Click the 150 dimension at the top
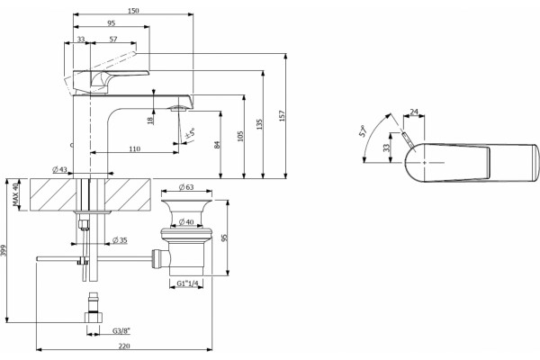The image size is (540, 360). tap(133, 10)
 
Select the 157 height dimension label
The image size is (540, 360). tap(283, 116)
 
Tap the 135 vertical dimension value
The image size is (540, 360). tap(259, 124)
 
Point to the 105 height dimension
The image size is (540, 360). tap(240, 136)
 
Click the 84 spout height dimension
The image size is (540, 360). tap(217, 144)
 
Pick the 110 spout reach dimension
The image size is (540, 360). tap(135, 148)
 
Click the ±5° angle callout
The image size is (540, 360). tap(191, 133)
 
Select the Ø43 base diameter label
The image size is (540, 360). tap(59, 169)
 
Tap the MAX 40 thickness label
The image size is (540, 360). tap(15, 194)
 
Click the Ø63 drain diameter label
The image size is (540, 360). tap(186, 187)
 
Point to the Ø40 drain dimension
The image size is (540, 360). tap(186, 222)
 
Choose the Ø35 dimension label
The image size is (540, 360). tap(121, 239)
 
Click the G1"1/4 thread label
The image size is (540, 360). tap(188, 283)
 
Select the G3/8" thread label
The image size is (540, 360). tap(121, 331)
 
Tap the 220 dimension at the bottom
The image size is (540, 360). tap(124, 346)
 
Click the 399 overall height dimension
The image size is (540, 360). tap(4, 250)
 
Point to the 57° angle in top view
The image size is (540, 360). tap(364, 131)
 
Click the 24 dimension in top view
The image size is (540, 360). tap(414, 112)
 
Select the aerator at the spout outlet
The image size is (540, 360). tap(178, 109)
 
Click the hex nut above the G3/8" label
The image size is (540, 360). tap(93, 317)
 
